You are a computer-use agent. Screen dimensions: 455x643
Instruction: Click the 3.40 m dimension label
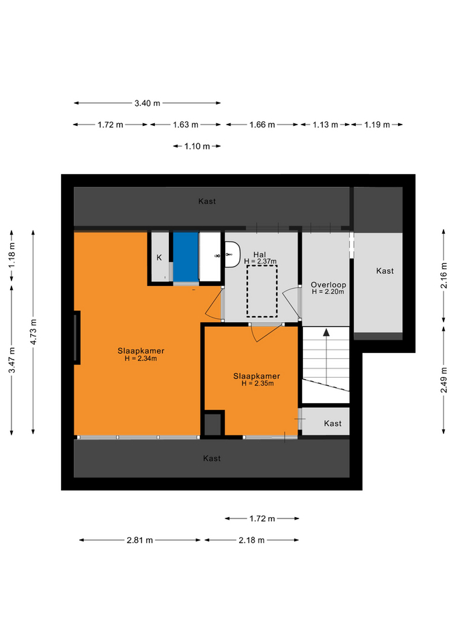[x=147, y=103]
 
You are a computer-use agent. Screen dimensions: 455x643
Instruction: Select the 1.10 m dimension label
[x=197, y=147]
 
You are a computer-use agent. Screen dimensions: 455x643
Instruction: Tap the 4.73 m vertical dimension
[x=34, y=332]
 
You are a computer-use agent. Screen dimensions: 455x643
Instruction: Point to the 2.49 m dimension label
[x=444, y=380]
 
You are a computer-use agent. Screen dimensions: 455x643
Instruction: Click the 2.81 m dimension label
[x=139, y=540]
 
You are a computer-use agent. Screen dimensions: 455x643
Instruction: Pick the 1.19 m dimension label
[x=377, y=125]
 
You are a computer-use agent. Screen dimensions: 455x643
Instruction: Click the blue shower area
[x=186, y=257]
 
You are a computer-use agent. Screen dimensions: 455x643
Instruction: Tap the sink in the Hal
[x=233, y=255]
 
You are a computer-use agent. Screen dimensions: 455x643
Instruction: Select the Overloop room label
[x=328, y=285]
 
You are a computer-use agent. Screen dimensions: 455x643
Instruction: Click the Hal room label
[x=260, y=255]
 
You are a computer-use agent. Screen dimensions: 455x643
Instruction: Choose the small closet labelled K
[x=159, y=257]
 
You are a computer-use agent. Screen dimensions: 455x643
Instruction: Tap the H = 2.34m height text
[x=141, y=358]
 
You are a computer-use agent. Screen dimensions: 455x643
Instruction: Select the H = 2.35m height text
[x=258, y=383]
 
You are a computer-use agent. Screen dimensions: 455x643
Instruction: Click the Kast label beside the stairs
[x=333, y=423]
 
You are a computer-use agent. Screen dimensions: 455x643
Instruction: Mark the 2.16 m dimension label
[x=444, y=275]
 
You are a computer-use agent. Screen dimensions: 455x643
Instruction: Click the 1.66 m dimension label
[x=262, y=125]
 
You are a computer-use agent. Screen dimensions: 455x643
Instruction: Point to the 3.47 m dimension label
[x=12, y=360]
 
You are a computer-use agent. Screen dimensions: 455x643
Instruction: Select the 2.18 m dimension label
[x=251, y=540]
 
